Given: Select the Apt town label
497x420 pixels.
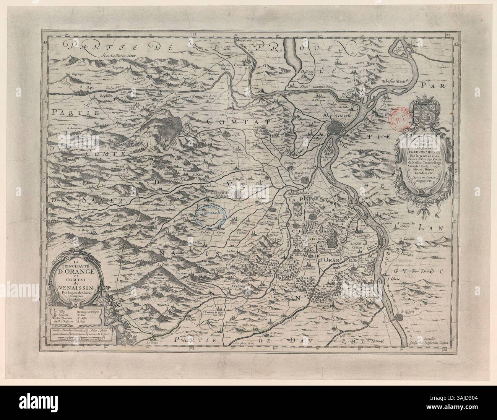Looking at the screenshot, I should pyautogui.click(x=90, y=87).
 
